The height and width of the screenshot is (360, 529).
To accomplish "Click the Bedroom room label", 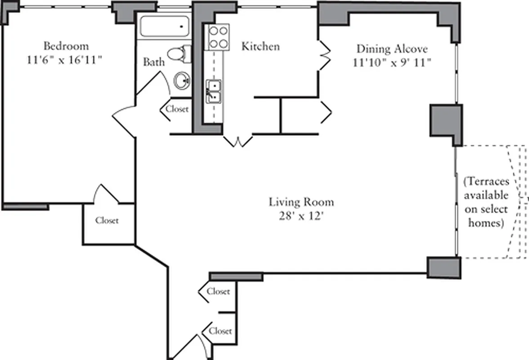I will (x=66, y=46).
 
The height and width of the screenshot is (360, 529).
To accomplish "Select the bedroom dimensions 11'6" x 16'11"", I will (x=66, y=60).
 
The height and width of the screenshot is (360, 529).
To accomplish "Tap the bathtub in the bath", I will (x=164, y=27).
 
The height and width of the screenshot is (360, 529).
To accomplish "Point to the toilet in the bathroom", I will (x=182, y=54).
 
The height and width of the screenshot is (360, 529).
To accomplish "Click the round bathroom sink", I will (x=183, y=81).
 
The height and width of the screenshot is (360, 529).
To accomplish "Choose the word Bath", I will (x=154, y=62).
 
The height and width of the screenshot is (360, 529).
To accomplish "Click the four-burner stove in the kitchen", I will (x=218, y=37).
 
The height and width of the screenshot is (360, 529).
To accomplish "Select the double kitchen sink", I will (x=214, y=91).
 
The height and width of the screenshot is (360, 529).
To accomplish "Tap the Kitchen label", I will (x=260, y=46).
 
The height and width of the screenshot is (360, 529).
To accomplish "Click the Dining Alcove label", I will (x=392, y=49).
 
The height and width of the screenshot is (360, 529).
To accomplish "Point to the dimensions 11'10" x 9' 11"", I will (x=392, y=63).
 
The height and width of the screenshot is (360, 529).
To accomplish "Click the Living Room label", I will (x=301, y=202).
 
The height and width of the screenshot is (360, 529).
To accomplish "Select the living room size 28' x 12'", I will (x=301, y=216).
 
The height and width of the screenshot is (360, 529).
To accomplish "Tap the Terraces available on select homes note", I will (x=486, y=202).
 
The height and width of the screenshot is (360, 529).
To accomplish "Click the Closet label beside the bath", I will (x=177, y=109).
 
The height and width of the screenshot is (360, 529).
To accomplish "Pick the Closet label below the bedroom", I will (x=107, y=221).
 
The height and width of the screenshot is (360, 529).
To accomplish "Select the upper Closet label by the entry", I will (x=219, y=292).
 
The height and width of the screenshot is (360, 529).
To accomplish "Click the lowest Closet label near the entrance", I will (x=220, y=331).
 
